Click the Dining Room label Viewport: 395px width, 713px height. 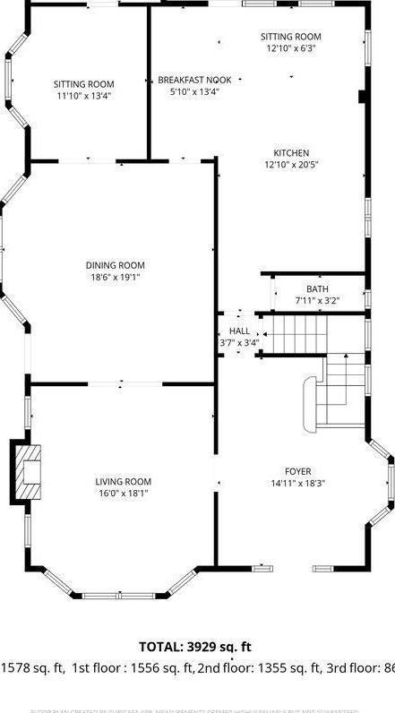click(115, 265)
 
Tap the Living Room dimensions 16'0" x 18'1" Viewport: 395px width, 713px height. click(123, 493)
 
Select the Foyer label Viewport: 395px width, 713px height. click(298, 471)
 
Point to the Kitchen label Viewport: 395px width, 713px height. click(291, 153)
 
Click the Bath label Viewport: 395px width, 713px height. click(317, 288)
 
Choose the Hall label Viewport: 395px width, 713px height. click(239, 331)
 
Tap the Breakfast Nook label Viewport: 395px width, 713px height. click(194, 80)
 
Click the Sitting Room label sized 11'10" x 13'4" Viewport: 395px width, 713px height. click(83, 84)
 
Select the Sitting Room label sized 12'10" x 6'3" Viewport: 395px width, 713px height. click(290, 37)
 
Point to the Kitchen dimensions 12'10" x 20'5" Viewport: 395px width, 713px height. click(291, 165)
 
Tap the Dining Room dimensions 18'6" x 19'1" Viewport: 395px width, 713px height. click(115, 277)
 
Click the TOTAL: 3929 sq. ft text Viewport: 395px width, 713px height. click(195, 646)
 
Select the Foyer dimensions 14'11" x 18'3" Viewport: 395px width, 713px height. click(298, 483)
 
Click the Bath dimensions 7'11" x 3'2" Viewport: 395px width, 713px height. click(317, 300)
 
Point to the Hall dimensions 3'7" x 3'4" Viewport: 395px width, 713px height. click(239, 342)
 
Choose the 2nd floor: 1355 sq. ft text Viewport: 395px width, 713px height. click(257, 667)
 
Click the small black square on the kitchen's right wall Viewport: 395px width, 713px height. click(362, 96)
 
